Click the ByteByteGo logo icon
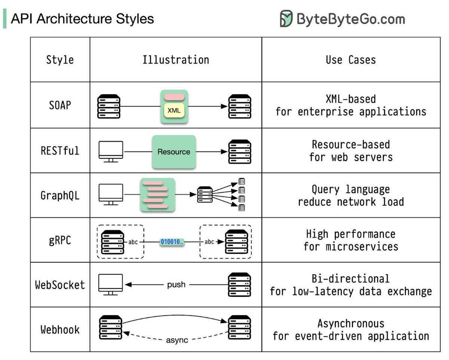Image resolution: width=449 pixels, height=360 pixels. click(286, 19)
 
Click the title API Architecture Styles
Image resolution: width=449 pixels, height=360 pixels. click(82, 19)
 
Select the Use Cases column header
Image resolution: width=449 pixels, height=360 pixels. click(351, 60)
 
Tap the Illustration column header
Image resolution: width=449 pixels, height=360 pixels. click(175, 60)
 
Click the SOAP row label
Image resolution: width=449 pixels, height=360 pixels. click(60, 106)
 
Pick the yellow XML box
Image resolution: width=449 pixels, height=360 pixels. click(174, 111)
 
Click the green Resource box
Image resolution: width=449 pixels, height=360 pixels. click(174, 152)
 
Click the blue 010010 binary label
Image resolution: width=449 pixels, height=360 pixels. click(172, 242)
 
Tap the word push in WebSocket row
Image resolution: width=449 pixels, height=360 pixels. click(176, 285)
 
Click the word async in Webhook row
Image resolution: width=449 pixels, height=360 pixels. click(177, 340)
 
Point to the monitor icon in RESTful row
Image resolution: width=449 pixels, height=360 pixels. click(110, 152)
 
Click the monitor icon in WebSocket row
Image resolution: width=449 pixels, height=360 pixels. click(110, 285)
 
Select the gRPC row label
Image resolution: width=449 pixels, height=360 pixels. click(60, 240)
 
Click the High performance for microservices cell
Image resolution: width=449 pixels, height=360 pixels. click(351, 240)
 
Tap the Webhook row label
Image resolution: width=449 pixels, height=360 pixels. click(60, 330)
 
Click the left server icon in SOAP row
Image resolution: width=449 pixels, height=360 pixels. click(109, 107)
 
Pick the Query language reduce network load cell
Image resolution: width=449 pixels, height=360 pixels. click(351, 196)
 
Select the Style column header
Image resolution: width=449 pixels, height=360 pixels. click(60, 60)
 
